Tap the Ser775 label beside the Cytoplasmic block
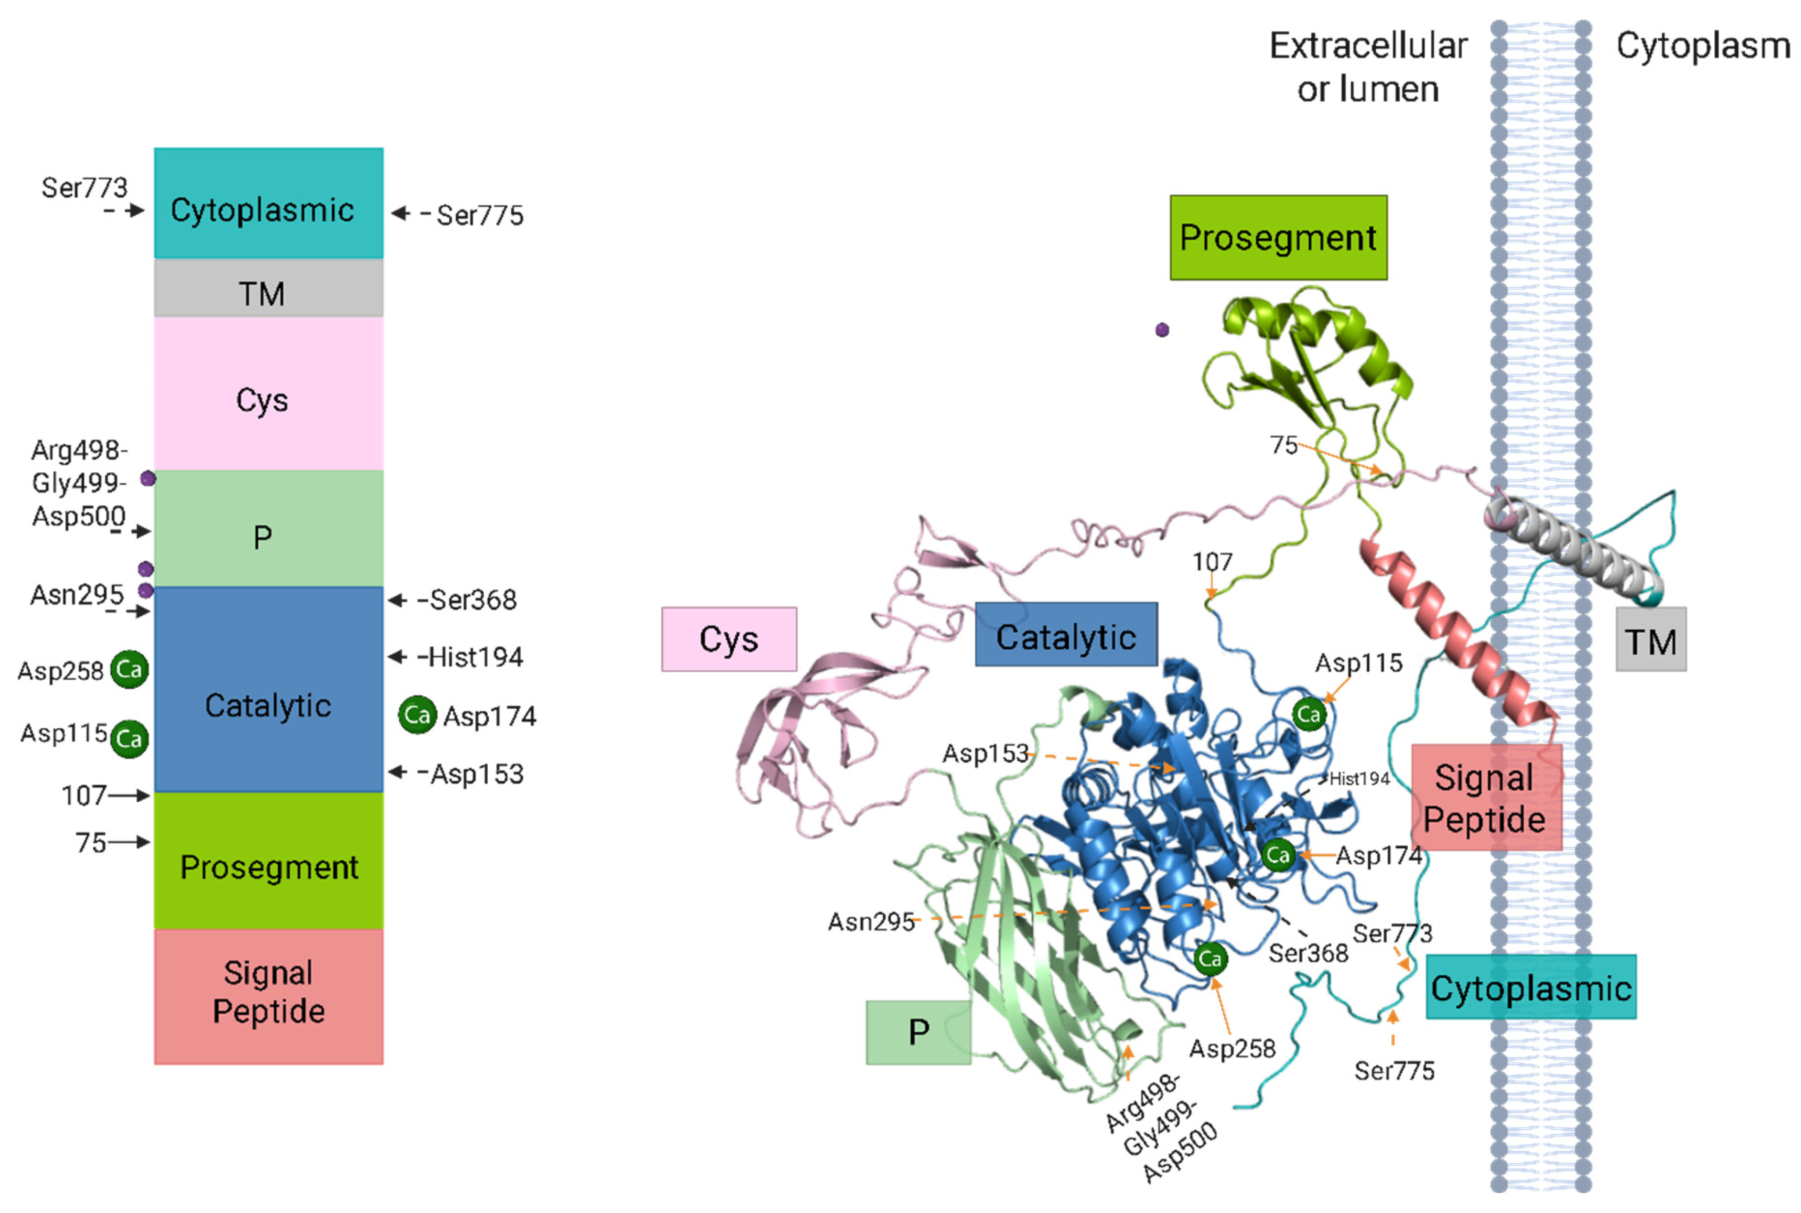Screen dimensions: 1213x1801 (x=480, y=215)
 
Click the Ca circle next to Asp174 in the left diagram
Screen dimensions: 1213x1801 (x=417, y=715)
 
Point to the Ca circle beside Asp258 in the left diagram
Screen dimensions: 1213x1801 (x=129, y=669)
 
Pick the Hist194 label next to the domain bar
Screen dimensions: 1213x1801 (x=475, y=657)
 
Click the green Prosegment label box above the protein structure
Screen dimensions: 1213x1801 (x=1277, y=237)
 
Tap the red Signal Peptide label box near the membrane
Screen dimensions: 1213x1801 (x=1485, y=798)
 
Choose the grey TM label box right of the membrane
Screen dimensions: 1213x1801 (x=1650, y=640)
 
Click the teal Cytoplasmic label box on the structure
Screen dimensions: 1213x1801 (x=1530, y=987)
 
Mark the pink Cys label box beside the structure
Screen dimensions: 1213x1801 (x=729, y=639)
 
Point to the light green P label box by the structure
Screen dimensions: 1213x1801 (x=918, y=1032)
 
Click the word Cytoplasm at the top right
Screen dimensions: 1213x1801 (x=1703, y=46)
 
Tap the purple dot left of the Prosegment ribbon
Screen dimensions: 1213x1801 (x=1161, y=330)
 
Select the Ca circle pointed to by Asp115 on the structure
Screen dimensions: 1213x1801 (x=1309, y=714)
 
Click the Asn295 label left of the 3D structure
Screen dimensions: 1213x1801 (x=871, y=921)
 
